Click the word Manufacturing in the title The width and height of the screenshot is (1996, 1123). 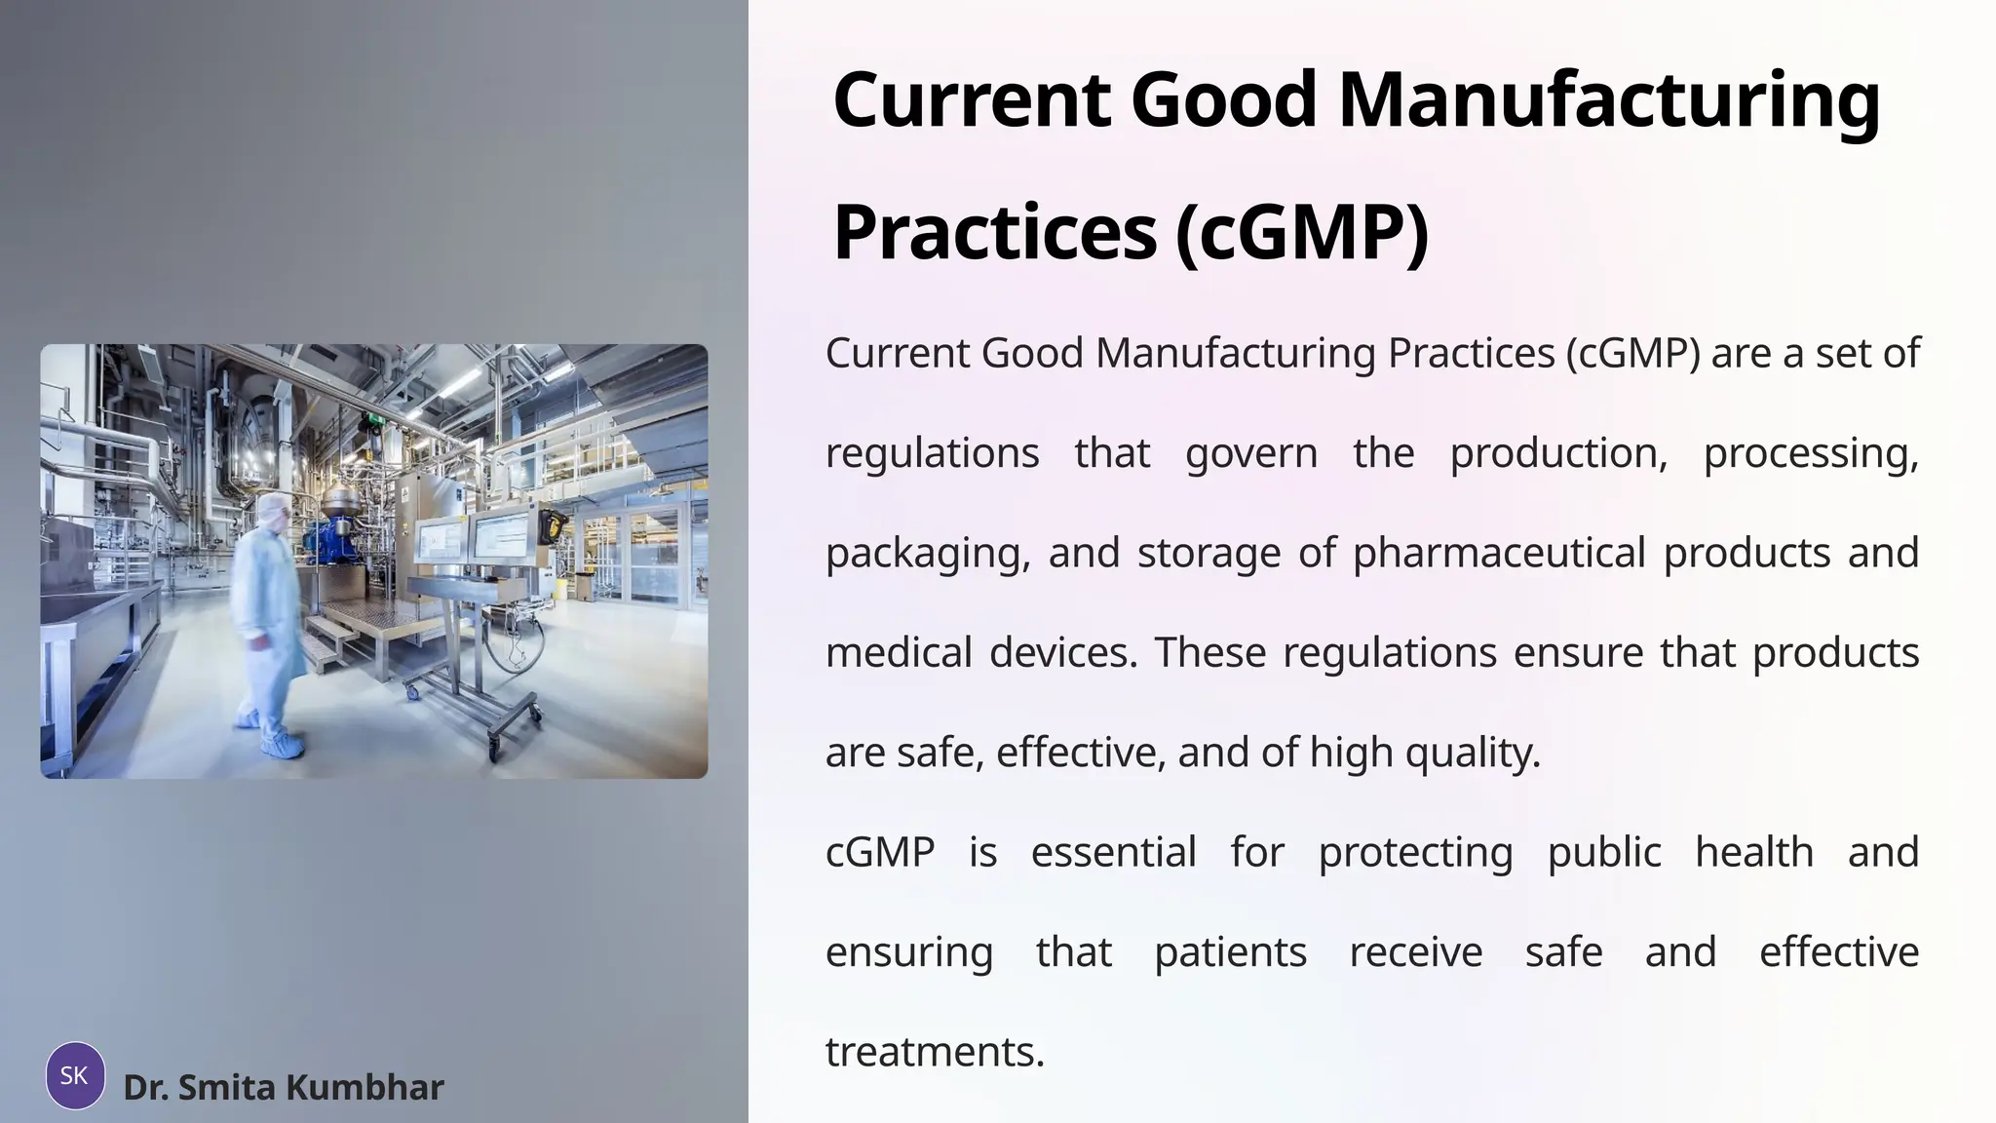pyautogui.click(x=1608, y=101)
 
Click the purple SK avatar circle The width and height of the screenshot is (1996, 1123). pyautogui.click(x=75, y=1075)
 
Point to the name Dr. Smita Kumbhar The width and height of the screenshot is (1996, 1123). pyautogui.click(x=283, y=1087)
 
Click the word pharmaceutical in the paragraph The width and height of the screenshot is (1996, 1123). pyautogui.click(x=1498, y=553)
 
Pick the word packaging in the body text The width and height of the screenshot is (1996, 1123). pyautogui.click(x=927, y=554)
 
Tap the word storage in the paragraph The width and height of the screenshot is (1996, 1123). pyautogui.click(x=1209, y=554)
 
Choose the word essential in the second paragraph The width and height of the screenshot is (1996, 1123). pyautogui.click(x=1113, y=852)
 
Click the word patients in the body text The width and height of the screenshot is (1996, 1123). pyautogui.click(x=1230, y=952)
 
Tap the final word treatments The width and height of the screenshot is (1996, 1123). pyautogui.click(x=934, y=1052)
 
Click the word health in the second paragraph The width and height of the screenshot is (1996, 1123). pyautogui.click(x=1753, y=852)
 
